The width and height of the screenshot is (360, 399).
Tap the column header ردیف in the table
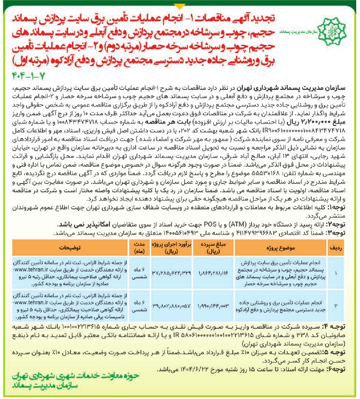click(336, 248)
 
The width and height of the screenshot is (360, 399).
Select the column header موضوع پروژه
click(281, 248)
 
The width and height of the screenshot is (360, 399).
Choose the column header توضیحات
click(70, 248)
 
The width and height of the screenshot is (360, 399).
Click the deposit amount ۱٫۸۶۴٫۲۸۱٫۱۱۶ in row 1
click(213, 273)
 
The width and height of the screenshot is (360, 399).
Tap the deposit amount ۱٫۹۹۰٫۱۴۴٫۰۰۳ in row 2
click(213, 306)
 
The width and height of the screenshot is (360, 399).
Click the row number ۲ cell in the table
click(336, 306)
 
